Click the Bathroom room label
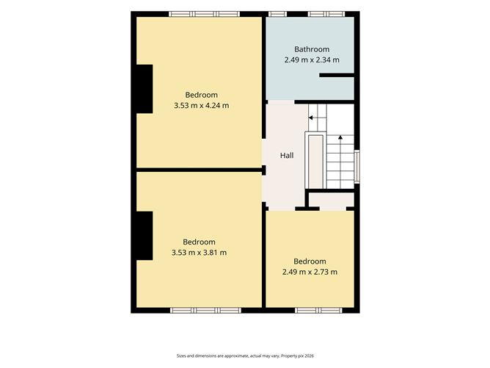pyautogui.click(x=312, y=49)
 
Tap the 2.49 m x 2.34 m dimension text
pyautogui.click(x=312, y=59)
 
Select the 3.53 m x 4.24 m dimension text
pyautogui.click(x=201, y=106)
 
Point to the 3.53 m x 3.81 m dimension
pyautogui.click(x=199, y=253)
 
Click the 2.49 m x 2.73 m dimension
pyautogui.click(x=310, y=272)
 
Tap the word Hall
pyautogui.click(x=287, y=156)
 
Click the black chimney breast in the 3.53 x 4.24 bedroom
pyautogui.click(x=145, y=89)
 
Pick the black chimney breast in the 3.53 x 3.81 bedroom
pyautogui.click(x=145, y=236)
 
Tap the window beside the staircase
pyautogui.click(x=356, y=167)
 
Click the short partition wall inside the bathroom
pyautogui.click(x=337, y=75)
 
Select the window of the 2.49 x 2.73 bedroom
pyautogui.click(x=318, y=310)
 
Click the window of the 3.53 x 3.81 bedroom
pyautogui.click(x=205, y=310)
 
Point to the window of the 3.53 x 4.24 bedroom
pyautogui.click(x=205, y=14)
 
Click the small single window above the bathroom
pyautogui.click(x=277, y=14)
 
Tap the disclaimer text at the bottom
pyautogui.click(x=245, y=356)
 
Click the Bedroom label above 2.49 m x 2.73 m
pyautogui.click(x=310, y=261)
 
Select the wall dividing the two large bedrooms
pyautogui.click(x=199, y=170)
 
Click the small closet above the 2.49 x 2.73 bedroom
pyautogui.click(x=332, y=201)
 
